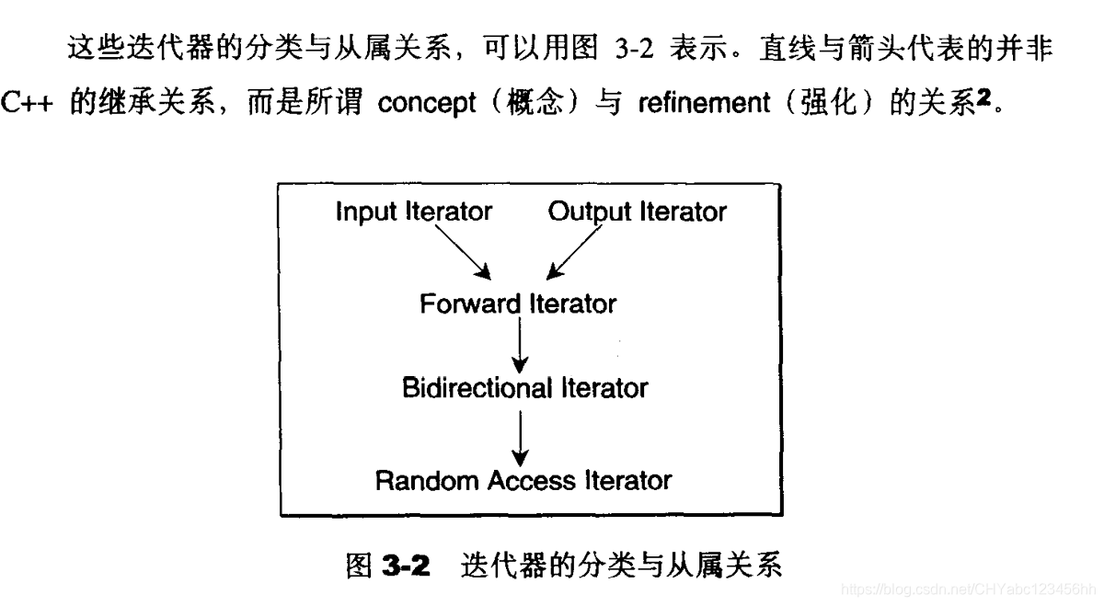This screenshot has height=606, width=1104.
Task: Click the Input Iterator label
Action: tap(413, 212)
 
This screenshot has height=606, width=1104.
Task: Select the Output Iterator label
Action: tap(637, 212)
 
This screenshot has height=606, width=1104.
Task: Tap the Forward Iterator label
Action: tap(518, 303)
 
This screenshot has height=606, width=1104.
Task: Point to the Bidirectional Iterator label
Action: tap(524, 388)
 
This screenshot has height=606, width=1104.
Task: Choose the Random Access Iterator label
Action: tap(523, 480)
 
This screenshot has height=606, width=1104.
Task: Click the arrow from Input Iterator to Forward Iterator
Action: tap(462, 251)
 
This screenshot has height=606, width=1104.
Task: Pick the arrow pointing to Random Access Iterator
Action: tap(521, 436)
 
